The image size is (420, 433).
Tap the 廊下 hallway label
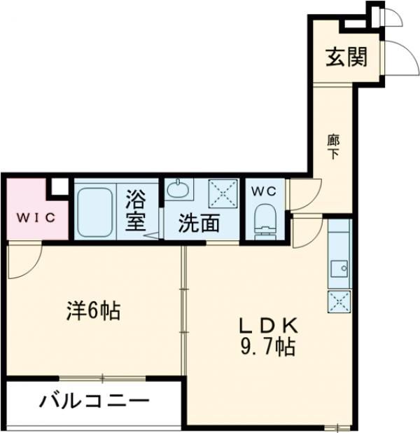(332, 146)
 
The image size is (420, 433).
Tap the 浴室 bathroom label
(136, 212)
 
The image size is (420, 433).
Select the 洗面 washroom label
(199, 224)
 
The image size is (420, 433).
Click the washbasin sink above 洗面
(179, 190)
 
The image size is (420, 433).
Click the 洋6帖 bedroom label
(94, 310)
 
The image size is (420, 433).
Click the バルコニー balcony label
(94, 402)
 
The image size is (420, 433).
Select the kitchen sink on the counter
(339, 267)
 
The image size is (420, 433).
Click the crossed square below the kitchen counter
(339, 301)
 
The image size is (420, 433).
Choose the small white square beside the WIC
(60, 187)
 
